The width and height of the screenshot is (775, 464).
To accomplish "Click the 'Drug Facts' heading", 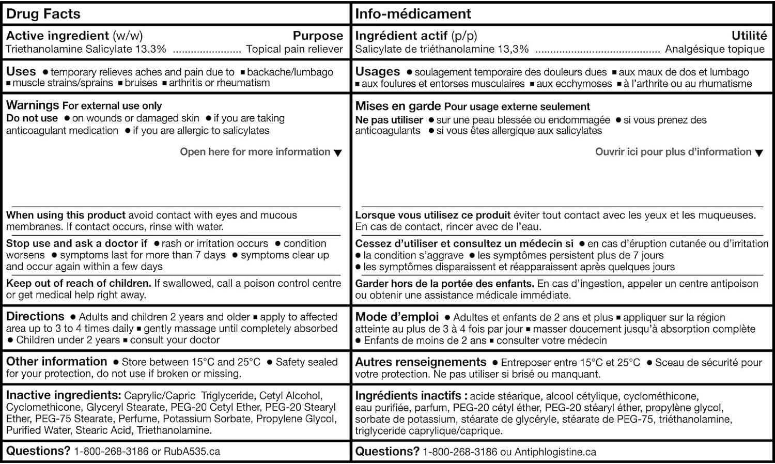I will click(43, 14).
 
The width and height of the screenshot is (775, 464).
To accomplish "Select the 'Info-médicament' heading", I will click(413, 14).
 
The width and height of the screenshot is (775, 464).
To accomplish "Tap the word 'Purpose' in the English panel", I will click(318, 36).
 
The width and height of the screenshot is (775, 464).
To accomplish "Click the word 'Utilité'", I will click(749, 36).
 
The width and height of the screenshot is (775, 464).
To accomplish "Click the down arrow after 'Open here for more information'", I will click(338, 153).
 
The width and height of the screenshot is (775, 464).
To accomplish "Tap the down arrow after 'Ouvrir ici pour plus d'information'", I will click(759, 153).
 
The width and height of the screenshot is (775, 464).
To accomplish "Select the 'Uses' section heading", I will click(21, 71).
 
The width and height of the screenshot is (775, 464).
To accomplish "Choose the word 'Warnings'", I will click(33, 105).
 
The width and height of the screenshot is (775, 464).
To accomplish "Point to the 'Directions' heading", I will click(35, 316).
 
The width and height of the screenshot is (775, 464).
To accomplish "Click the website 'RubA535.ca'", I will click(192, 452).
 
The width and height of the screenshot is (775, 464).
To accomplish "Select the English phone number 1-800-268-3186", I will click(111, 452).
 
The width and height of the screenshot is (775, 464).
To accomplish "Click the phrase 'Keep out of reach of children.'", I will click(79, 283).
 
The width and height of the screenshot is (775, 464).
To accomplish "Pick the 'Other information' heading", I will click(56, 362).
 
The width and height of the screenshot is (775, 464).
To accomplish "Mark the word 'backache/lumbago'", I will click(290, 72).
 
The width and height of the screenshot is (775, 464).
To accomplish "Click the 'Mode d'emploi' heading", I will click(397, 317).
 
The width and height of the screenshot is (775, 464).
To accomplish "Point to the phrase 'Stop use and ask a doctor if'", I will click(76, 243).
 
